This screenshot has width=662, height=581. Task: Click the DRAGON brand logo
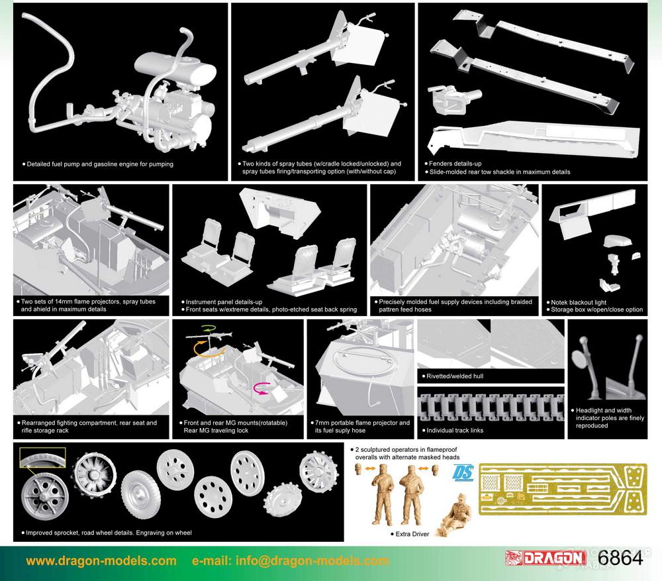click(x=545, y=558)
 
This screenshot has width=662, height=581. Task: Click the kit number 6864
click(x=620, y=558)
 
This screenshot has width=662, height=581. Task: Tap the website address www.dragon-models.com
click(x=101, y=560)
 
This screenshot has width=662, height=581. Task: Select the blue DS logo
click(x=463, y=473)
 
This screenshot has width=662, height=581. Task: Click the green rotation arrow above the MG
click(x=208, y=328)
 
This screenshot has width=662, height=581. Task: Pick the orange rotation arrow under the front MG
click(x=206, y=351)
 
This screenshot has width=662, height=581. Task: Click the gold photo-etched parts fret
click(x=563, y=490)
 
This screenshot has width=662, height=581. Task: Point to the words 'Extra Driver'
click(x=412, y=534)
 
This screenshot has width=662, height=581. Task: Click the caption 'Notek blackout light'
click(x=579, y=302)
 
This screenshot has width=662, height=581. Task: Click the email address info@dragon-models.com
click(x=312, y=560)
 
